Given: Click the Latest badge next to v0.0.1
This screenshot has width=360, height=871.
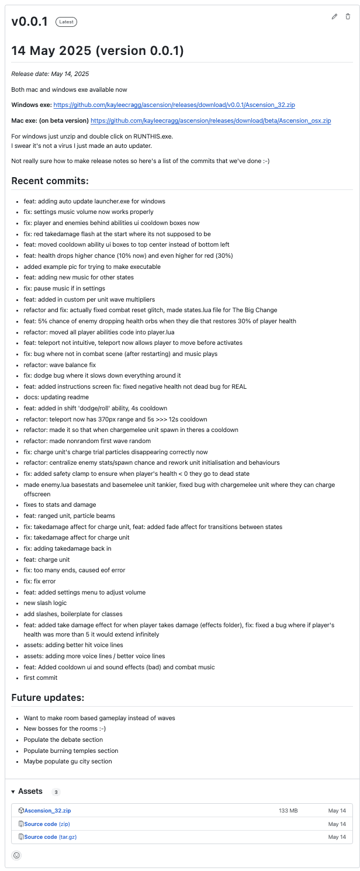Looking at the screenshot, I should [x=66, y=22].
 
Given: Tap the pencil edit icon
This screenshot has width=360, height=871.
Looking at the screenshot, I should [x=334, y=16].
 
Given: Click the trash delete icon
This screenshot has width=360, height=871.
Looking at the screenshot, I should [x=348, y=16].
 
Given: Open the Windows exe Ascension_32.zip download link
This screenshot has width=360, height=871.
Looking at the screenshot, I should [x=174, y=105].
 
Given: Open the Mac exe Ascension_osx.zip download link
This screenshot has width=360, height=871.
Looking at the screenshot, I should [x=211, y=121].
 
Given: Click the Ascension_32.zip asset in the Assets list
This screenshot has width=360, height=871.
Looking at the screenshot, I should [x=47, y=811].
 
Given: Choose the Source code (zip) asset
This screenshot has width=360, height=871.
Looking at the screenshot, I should [x=47, y=824].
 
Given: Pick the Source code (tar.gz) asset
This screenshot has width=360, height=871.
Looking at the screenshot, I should [x=50, y=837].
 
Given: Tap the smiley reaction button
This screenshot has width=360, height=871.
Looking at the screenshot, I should [x=16, y=855].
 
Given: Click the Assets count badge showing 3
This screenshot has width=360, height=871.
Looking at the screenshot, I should [x=56, y=792].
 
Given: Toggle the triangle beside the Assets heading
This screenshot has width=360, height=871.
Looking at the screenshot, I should [x=13, y=791].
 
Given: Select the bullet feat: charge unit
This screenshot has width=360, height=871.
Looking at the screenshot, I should [x=48, y=559].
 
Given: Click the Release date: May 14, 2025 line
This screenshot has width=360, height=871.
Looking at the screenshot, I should [x=50, y=74].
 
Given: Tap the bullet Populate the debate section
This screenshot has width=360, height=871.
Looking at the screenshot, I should [x=67, y=739].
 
